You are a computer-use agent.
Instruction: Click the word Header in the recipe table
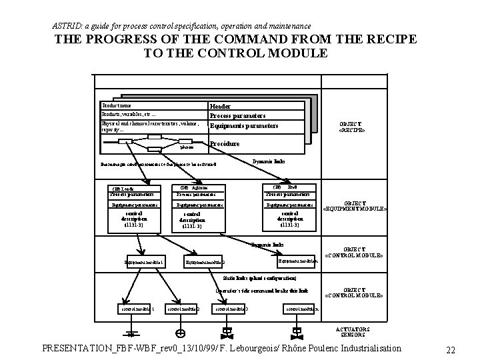pyautogui.click(x=221, y=106)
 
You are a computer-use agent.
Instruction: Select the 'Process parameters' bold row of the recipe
pyautogui.click(x=238, y=116)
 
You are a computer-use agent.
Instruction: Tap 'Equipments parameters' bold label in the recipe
pyautogui.click(x=243, y=126)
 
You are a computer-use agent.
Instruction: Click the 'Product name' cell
pyautogui.click(x=117, y=105)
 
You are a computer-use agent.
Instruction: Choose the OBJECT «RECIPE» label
pyautogui.click(x=351, y=127)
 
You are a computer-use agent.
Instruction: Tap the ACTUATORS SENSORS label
pyautogui.click(x=353, y=331)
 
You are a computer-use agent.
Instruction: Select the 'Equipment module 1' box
pyautogui.click(x=143, y=262)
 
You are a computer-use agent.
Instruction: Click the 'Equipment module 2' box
pyautogui.click(x=205, y=262)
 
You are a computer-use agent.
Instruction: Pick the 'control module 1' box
pyautogui.click(x=136, y=309)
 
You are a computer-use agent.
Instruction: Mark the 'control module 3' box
pyautogui.click(x=231, y=309)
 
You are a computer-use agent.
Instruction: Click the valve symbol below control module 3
pyautogui.click(x=228, y=331)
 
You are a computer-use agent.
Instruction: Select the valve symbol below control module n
pyautogui.click(x=294, y=331)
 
